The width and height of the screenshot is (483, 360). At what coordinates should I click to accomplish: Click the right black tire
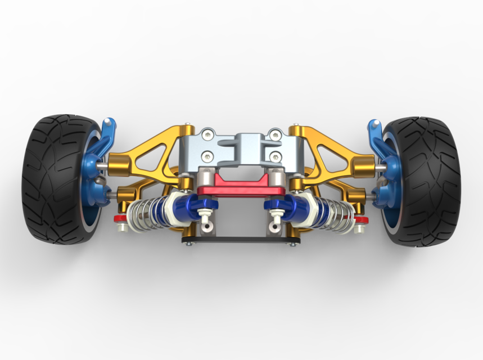(x=430, y=180)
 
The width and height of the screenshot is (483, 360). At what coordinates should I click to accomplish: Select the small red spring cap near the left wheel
(x=120, y=218)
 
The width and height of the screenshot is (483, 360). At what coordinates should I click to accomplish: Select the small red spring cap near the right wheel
(x=362, y=218)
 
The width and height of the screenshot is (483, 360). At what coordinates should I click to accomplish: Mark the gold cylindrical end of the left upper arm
(x=119, y=165)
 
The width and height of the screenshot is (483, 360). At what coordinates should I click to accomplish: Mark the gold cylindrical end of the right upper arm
(x=363, y=165)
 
